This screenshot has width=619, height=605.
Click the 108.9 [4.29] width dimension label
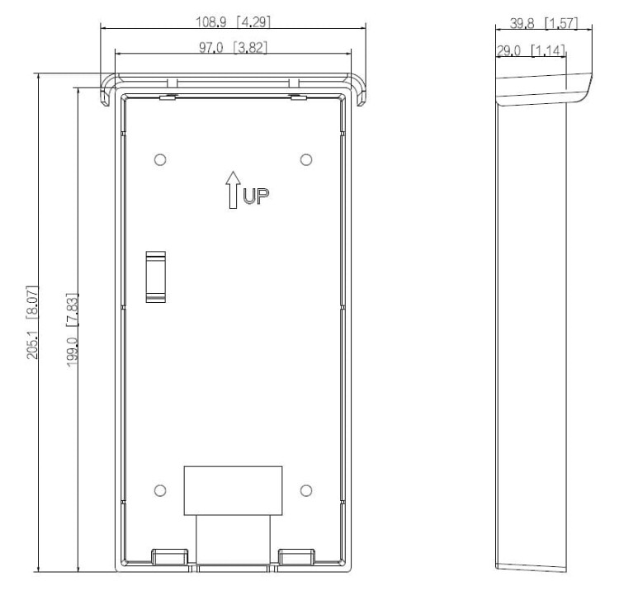coord(234,21)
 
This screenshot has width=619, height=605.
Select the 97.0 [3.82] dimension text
coord(233,48)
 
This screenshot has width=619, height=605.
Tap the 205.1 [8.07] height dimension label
coord(32,322)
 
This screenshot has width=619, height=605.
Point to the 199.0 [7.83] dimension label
coord(72,330)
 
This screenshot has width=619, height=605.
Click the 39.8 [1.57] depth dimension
coord(544,23)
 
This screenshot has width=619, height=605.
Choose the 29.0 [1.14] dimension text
coord(531,50)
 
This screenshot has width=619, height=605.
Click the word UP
coord(256,196)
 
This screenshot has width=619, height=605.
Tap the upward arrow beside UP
coord(233,190)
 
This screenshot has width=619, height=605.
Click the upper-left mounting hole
coord(160,160)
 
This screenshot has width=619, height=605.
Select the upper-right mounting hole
coord(306,160)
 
